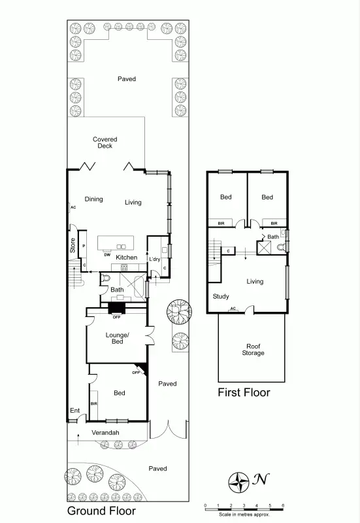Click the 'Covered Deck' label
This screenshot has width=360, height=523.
click(105, 143)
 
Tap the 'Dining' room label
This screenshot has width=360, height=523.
click(93, 199)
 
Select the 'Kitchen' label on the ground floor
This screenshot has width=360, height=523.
click(126, 258)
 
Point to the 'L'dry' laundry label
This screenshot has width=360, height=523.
click(155, 260)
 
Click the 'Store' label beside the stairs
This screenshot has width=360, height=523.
click(73, 245)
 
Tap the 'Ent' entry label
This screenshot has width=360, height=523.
click(74, 411)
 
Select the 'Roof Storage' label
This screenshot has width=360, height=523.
click(253, 350)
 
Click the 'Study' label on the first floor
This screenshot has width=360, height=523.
click(221, 296)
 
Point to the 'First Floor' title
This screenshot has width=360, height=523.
click(244, 393)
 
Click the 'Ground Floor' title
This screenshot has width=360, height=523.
click(102, 511)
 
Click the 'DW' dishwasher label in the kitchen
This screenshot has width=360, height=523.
click(106, 255)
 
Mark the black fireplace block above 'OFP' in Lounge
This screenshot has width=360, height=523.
click(117, 308)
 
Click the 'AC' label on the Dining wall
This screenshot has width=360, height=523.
click(73, 207)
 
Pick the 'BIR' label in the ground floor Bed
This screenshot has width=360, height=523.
click(94, 404)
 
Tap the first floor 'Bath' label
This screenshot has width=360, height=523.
click(272, 237)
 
